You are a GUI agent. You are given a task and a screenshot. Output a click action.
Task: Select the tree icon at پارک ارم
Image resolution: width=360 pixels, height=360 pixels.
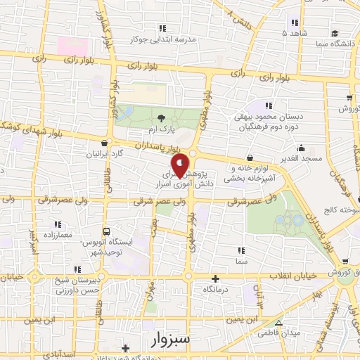pos(163,117)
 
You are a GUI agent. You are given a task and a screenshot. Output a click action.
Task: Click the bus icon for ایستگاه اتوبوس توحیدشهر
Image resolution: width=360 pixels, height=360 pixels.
pos(106,231)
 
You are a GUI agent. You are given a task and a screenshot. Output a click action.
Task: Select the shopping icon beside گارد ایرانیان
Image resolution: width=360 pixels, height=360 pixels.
pos(105,143)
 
